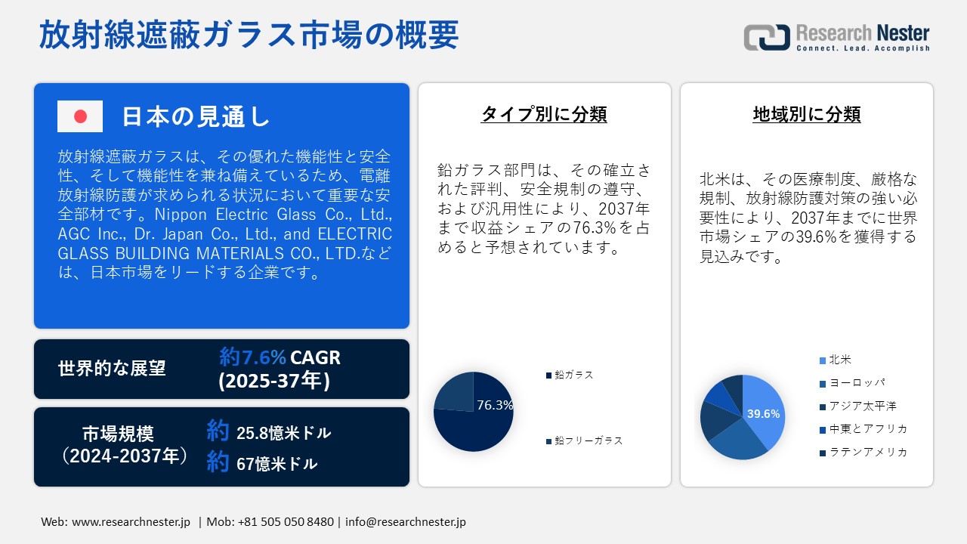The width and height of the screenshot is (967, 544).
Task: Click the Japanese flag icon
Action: (80, 116)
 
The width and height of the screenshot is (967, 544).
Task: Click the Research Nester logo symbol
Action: (766, 37)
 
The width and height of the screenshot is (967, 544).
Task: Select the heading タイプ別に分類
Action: (544, 114)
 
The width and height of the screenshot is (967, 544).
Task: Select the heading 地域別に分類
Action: (807, 114)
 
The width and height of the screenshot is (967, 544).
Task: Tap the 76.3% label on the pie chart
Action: (495, 405)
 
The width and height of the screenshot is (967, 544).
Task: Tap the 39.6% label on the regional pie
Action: (763, 414)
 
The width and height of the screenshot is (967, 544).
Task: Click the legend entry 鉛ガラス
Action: (573, 375)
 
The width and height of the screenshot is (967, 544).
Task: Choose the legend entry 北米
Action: (839, 360)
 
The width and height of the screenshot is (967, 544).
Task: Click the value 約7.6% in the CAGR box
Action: (252, 357)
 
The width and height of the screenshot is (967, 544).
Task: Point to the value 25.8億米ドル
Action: (283, 433)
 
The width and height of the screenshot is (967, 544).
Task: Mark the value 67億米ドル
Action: (277, 464)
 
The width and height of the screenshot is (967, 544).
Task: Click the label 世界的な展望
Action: (112, 369)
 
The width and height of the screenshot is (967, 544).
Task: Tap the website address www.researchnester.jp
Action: (131, 522)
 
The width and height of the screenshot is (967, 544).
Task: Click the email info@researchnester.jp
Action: (405, 522)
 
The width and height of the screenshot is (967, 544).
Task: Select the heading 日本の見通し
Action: (196, 116)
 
